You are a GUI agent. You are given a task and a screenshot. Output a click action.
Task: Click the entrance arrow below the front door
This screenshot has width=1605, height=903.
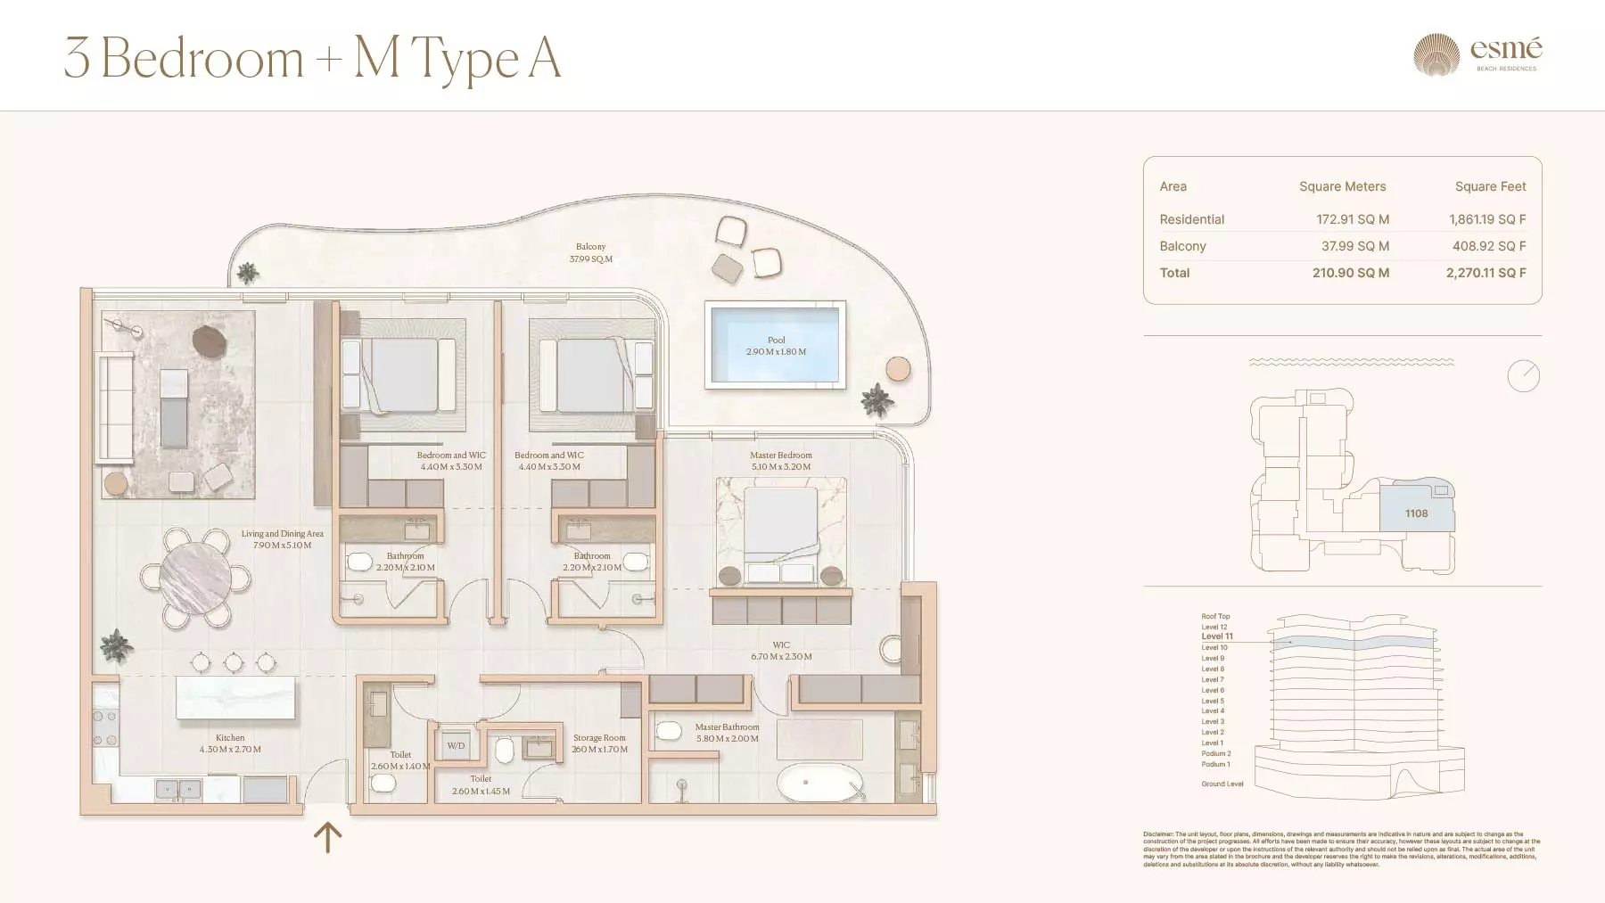327,837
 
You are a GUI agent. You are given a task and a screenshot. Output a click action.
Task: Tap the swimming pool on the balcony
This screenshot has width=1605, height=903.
775,345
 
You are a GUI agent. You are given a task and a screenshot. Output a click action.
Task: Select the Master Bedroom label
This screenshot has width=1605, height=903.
780,455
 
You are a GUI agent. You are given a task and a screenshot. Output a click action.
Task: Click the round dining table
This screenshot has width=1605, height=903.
194,577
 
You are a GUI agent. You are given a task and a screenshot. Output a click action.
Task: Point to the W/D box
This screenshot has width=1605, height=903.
456,745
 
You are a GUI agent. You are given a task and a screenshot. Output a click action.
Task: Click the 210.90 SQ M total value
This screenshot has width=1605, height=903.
1350,273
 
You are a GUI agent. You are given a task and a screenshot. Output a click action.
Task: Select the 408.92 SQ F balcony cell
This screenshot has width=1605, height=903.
1488,246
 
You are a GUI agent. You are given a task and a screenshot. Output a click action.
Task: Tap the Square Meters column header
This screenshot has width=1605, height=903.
1342,186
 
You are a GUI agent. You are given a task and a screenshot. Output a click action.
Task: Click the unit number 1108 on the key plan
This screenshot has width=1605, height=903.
1416,513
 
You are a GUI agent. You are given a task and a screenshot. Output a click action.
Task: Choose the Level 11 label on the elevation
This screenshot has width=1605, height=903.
1216,636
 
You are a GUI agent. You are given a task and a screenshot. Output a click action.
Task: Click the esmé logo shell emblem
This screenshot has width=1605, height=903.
1436,55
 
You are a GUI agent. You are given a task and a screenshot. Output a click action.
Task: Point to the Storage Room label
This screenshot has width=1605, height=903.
599,738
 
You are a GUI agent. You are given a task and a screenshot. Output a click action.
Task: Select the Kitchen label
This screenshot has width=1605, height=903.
230,737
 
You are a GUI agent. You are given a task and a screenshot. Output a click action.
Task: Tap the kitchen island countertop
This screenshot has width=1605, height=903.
235,697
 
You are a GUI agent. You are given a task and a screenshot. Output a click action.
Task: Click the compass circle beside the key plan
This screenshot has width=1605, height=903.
1523,375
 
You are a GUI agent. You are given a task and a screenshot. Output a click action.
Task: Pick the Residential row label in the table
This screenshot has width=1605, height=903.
1191,219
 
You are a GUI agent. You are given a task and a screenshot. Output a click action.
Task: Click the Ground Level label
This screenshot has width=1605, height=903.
1222,784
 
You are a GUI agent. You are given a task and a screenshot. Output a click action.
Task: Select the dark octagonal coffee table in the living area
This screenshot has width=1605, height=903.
210,341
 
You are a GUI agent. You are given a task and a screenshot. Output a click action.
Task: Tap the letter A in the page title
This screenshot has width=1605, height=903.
544,59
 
